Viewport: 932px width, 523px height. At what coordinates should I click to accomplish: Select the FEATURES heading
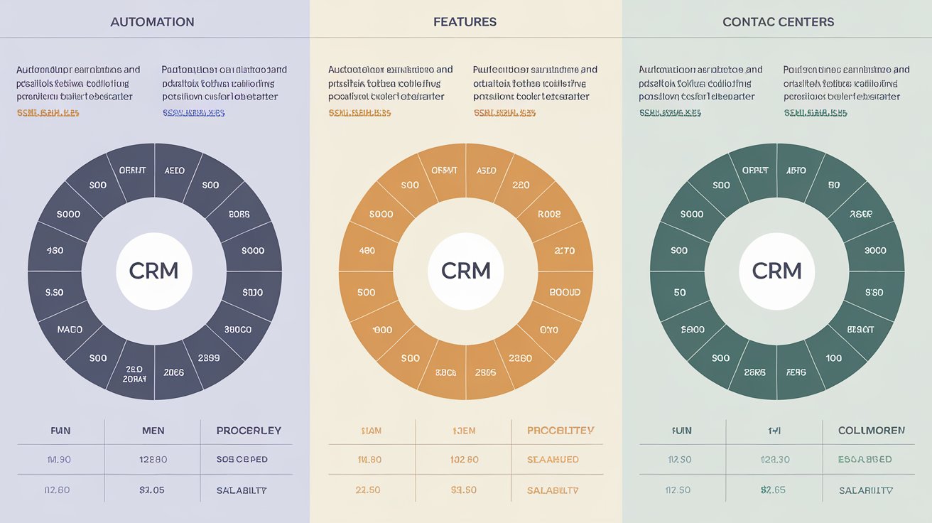tap(465, 22)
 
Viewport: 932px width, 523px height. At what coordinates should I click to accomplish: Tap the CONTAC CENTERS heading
tap(778, 22)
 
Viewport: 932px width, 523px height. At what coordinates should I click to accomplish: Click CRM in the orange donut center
tap(466, 271)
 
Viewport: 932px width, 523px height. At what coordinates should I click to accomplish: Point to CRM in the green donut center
tap(776, 271)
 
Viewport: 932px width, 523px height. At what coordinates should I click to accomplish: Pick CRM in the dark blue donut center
tap(153, 271)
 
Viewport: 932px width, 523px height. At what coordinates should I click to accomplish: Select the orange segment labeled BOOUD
tap(565, 292)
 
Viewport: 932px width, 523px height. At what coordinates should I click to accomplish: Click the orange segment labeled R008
tap(548, 214)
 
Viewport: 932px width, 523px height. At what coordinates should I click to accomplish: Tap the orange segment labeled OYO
tap(548, 330)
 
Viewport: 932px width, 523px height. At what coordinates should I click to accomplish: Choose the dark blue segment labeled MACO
tap(70, 330)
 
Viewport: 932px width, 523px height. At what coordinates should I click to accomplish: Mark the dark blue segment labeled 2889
tap(208, 358)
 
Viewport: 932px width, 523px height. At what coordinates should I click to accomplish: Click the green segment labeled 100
tap(834, 358)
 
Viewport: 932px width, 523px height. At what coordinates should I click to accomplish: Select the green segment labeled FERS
tap(796, 372)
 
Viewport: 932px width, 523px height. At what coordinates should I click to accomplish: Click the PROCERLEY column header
tap(249, 431)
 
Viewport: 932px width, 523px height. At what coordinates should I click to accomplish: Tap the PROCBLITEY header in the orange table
tap(560, 431)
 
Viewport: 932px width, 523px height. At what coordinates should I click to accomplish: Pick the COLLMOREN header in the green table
tap(872, 431)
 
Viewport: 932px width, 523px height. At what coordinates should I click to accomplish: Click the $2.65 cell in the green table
tap(773, 490)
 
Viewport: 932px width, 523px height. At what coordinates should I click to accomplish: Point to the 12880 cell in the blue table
tap(153, 460)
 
